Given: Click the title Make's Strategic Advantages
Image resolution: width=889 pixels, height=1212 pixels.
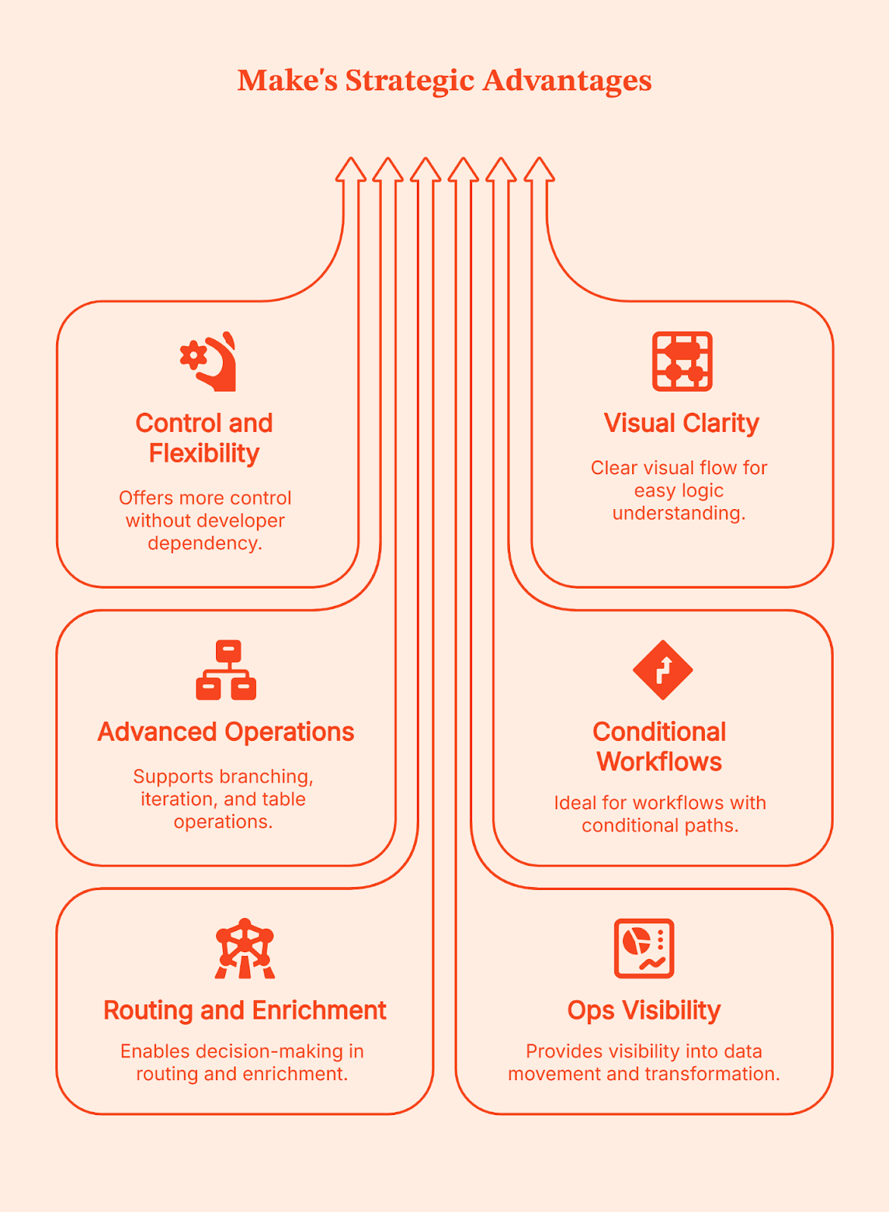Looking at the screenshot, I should (444, 80).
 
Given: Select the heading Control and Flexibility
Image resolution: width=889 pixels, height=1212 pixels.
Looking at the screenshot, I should (204, 438).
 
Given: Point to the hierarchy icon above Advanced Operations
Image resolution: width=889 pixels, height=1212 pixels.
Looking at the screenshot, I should (226, 670).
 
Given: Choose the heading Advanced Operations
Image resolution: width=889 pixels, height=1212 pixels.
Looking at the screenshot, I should (226, 732).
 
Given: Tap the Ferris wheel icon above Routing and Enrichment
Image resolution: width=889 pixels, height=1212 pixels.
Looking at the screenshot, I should (244, 948).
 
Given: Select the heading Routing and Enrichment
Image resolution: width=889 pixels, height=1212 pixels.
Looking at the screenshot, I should (244, 1011).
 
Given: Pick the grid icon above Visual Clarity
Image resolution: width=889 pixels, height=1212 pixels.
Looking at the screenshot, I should (682, 361).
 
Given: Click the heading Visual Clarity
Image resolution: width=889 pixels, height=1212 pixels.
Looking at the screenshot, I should (681, 423).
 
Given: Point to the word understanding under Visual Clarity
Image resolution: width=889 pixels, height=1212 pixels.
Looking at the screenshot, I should (678, 514).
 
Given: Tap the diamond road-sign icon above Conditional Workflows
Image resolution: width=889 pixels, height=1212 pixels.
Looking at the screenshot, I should (662, 670).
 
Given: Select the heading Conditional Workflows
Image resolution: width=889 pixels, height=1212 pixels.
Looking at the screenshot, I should (659, 747).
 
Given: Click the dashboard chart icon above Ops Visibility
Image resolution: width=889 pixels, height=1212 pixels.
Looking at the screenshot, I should (643, 948).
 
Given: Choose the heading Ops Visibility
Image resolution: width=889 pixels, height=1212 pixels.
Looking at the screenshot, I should (643, 1011).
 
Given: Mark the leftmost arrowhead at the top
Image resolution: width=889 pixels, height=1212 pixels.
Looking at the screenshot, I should (351, 170).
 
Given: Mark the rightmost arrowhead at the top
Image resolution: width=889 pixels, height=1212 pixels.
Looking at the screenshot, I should (539, 170).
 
